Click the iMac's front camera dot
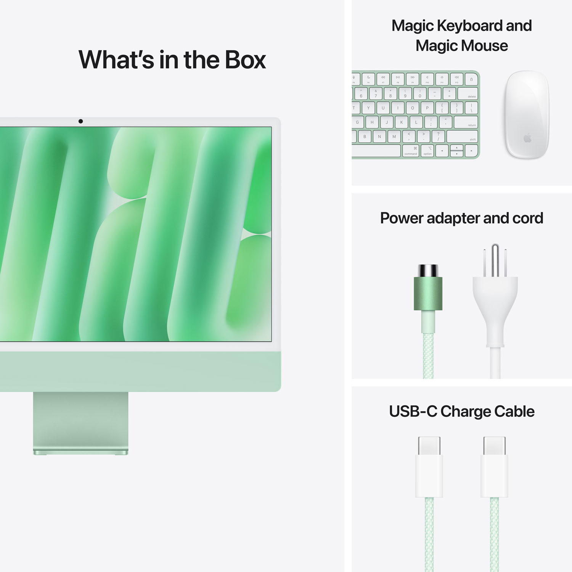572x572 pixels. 80,121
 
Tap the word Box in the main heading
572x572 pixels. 245,60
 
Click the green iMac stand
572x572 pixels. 80,423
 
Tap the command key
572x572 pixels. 411,151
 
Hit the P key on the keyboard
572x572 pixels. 427,108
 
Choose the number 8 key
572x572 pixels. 390,93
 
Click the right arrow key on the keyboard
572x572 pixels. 472,151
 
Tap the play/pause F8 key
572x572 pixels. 398,79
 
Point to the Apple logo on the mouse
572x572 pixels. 527,138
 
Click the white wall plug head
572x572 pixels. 495,297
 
